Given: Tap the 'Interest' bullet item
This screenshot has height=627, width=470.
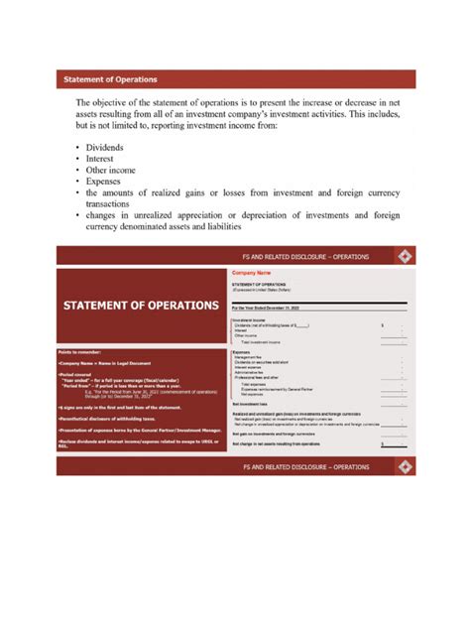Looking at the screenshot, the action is coord(103,158).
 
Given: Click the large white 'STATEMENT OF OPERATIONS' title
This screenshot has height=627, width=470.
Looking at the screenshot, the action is coord(141,305).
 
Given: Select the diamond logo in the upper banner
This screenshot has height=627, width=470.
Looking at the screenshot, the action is coord(404,257).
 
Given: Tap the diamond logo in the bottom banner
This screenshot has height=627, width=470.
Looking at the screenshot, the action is coord(404,465).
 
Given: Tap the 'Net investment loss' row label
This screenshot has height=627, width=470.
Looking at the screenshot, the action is coord(252,404).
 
